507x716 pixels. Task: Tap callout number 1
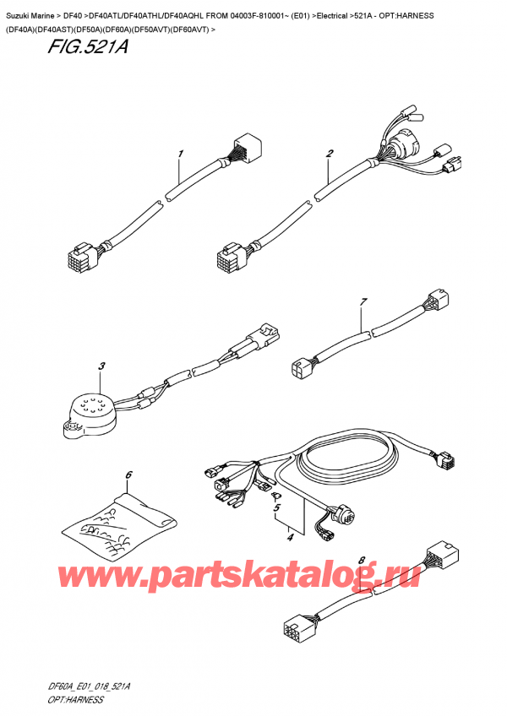point(180,154)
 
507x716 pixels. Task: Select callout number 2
point(329,154)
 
